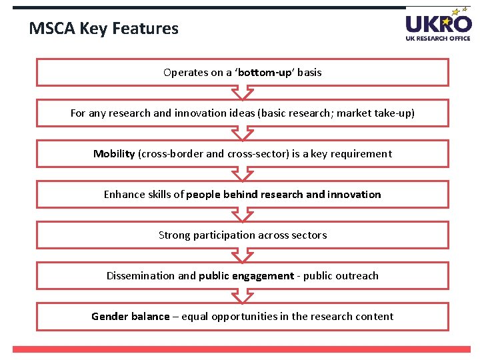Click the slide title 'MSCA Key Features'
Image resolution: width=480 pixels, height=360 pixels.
(104, 29)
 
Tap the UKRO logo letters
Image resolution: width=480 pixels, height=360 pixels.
(437, 24)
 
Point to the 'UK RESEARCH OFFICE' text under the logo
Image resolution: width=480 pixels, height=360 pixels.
(438, 38)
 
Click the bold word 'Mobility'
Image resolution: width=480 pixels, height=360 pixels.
(114, 153)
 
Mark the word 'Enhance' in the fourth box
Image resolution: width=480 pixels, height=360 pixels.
(123, 194)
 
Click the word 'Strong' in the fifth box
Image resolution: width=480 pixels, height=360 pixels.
(174, 235)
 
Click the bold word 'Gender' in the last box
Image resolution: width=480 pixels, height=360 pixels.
(111, 316)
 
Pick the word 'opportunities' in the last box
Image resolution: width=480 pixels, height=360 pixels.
(243, 316)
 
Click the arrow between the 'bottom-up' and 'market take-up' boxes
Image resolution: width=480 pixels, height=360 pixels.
(243, 93)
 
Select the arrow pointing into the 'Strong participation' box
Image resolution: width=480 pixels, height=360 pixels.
(243, 215)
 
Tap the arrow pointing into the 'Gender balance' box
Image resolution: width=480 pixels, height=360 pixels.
(243, 296)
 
